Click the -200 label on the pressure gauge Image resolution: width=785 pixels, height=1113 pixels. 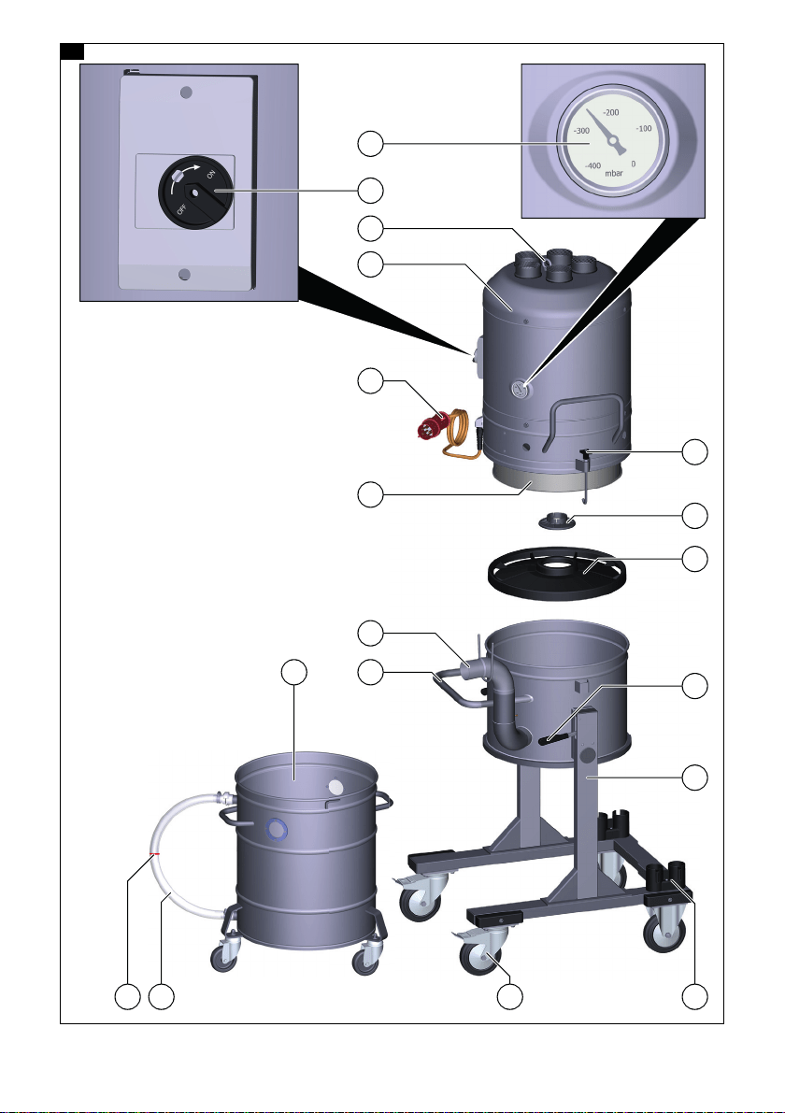pyautogui.click(x=610, y=112)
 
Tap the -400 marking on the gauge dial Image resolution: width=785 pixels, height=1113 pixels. pyautogui.click(x=592, y=165)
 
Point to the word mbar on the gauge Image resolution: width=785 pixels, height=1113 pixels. pyautogui.click(x=614, y=173)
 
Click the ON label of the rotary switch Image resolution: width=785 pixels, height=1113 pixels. pyautogui.click(x=210, y=175)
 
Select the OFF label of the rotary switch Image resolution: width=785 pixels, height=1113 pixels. pyautogui.click(x=181, y=209)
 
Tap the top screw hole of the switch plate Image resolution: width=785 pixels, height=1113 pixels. pyautogui.click(x=186, y=93)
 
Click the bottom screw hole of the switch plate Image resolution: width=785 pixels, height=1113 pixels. pyautogui.click(x=184, y=275)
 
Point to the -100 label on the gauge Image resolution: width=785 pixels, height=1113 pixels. pyautogui.click(x=644, y=128)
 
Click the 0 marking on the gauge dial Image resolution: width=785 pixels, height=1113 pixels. pyautogui.click(x=633, y=164)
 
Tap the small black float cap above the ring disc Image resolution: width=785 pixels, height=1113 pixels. pyautogui.click(x=556, y=521)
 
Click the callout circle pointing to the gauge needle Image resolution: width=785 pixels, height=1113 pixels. pyautogui.click(x=370, y=144)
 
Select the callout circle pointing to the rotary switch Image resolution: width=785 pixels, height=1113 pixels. pyautogui.click(x=370, y=191)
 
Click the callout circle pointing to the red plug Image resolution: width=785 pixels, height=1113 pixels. pyautogui.click(x=370, y=381)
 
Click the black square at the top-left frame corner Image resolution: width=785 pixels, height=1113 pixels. pyautogui.click(x=72, y=51)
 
